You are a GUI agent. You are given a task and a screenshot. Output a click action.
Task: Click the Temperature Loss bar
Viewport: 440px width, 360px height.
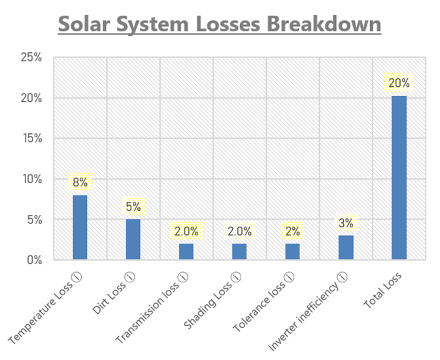click(80, 227)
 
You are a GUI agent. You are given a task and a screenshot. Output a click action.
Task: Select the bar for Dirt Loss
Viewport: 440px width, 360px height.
click(133, 239)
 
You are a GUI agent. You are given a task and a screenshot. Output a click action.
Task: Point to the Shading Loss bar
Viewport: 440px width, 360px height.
click(239, 252)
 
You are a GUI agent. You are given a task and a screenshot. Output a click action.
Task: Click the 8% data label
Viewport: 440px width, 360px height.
click(80, 183)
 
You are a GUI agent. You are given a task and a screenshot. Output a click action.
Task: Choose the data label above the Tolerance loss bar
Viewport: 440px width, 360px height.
click(292, 231)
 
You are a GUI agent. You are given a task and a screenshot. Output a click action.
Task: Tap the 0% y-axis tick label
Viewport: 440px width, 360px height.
click(34, 260)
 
